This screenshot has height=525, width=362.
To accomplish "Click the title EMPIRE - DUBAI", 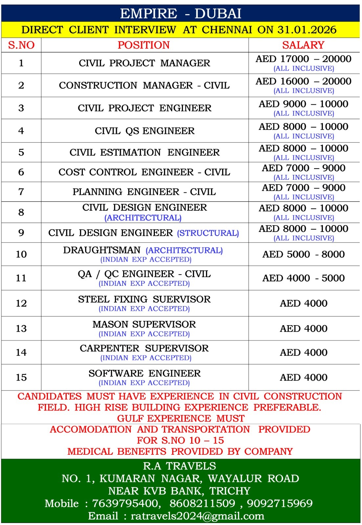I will point(181,13).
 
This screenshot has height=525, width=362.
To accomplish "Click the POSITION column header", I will point(144,45).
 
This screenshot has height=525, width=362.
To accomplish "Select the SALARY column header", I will point(303,45).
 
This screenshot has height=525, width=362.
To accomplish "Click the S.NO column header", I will point(21,45).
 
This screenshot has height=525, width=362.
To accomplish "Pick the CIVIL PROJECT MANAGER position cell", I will point(144,63).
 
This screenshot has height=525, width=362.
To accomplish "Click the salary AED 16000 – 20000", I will point(304,81).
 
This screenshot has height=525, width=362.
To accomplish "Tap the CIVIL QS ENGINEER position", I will point(145,131).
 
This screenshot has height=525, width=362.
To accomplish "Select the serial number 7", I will point(21,192).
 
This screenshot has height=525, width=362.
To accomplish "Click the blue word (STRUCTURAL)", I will point(208,233).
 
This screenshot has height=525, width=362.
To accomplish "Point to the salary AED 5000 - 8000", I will point(304,254).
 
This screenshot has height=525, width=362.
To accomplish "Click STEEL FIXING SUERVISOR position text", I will point(144,299).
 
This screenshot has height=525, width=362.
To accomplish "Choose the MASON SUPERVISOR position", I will point(144,325).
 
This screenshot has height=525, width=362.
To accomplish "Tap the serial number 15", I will point(21,377).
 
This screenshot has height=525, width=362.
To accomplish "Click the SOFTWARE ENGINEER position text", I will point(145,373).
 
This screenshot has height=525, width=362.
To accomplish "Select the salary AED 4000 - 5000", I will point(304,278).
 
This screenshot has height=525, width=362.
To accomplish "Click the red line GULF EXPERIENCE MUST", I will point(181,418).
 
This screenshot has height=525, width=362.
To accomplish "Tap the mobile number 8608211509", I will point(202,503).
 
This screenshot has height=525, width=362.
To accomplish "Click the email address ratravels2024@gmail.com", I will point(197,516).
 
